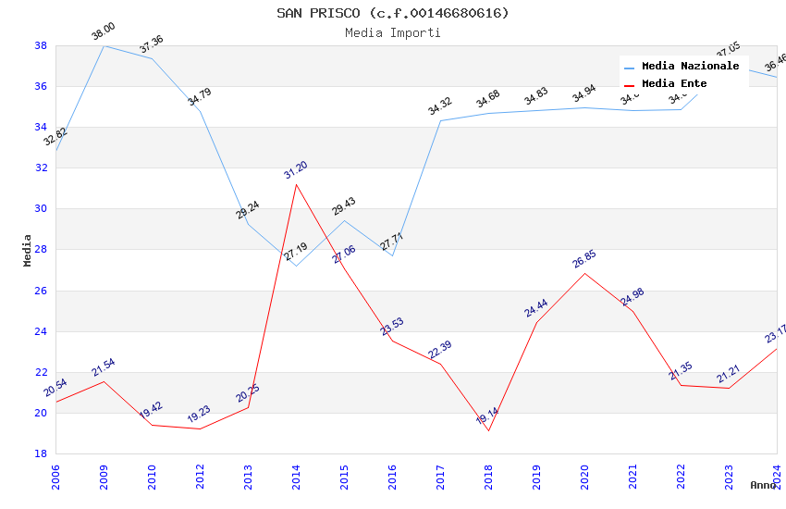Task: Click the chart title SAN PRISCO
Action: pyautogui.click(x=392, y=13)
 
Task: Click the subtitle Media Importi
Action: pyautogui.click(x=392, y=32)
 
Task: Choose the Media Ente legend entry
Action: pyautogui.click(x=674, y=84)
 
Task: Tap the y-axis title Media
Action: pyautogui.click(x=27, y=250)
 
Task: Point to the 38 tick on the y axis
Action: pyautogui.click(x=41, y=45)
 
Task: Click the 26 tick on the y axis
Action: pyautogui.click(x=41, y=291)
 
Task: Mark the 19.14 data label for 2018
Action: pyautogui.click(x=487, y=416)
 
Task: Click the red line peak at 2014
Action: pyautogui.click(x=296, y=184)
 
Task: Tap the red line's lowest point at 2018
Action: pyautogui.click(x=488, y=430)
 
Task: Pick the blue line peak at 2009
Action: pyautogui.click(x=104, y=45)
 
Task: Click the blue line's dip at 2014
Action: pyautogui.click(x=296, y=266)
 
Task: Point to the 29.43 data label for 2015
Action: pyautogui.click(x=344, y=206)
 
